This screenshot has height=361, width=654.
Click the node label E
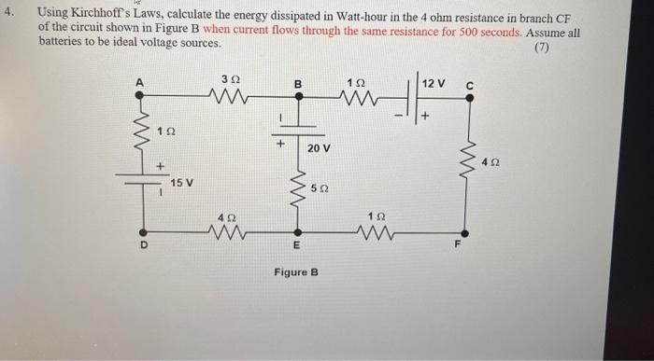pos(297,248)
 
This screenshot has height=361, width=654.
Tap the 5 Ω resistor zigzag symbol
pos(298,187)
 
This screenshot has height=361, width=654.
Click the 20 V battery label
pos(319,148)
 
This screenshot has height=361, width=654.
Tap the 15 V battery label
pos(181,182)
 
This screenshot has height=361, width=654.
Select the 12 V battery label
pos(434,84)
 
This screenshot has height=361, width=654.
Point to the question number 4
pos(9,15)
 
